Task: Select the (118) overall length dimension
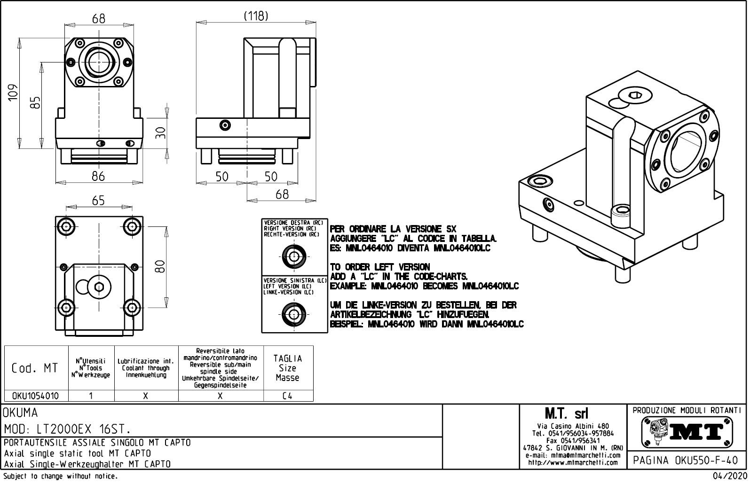[256, 16]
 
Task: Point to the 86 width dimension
[98, 177]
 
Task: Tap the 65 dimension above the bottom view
[98, 201]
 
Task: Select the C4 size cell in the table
[287, 396]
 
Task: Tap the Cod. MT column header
[35, 368]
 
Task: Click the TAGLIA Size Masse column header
[287, 368]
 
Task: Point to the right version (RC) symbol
[294, 257]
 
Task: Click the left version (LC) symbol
[294, 314]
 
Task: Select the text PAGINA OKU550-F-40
[686, 460]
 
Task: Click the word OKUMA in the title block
[21, 413]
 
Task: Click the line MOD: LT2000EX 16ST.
[67, 429]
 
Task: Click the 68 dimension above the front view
[99, 19]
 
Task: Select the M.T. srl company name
[566, 414]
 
